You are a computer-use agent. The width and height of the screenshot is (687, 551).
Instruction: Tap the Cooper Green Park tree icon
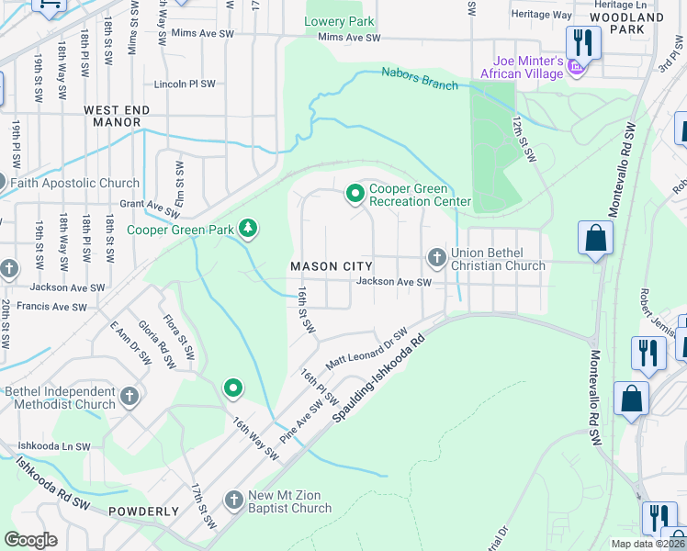247,227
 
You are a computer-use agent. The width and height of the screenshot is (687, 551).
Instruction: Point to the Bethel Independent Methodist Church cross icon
130,397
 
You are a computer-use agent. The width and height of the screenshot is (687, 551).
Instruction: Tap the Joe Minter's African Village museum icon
576,68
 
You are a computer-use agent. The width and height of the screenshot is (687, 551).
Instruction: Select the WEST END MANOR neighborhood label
113,116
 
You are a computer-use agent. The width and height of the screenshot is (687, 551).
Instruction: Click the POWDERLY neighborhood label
143,512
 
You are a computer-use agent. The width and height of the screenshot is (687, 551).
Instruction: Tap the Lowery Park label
340,20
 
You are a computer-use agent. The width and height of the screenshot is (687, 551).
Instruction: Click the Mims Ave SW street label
348,38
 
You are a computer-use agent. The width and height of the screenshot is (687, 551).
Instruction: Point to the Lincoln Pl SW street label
186,84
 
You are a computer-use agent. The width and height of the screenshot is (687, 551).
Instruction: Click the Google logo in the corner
31,539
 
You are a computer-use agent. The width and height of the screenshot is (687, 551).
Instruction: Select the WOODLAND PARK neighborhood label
627,24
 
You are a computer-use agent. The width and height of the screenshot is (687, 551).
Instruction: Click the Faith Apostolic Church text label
74,183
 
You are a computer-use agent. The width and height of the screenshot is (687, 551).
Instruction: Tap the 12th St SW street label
524,140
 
